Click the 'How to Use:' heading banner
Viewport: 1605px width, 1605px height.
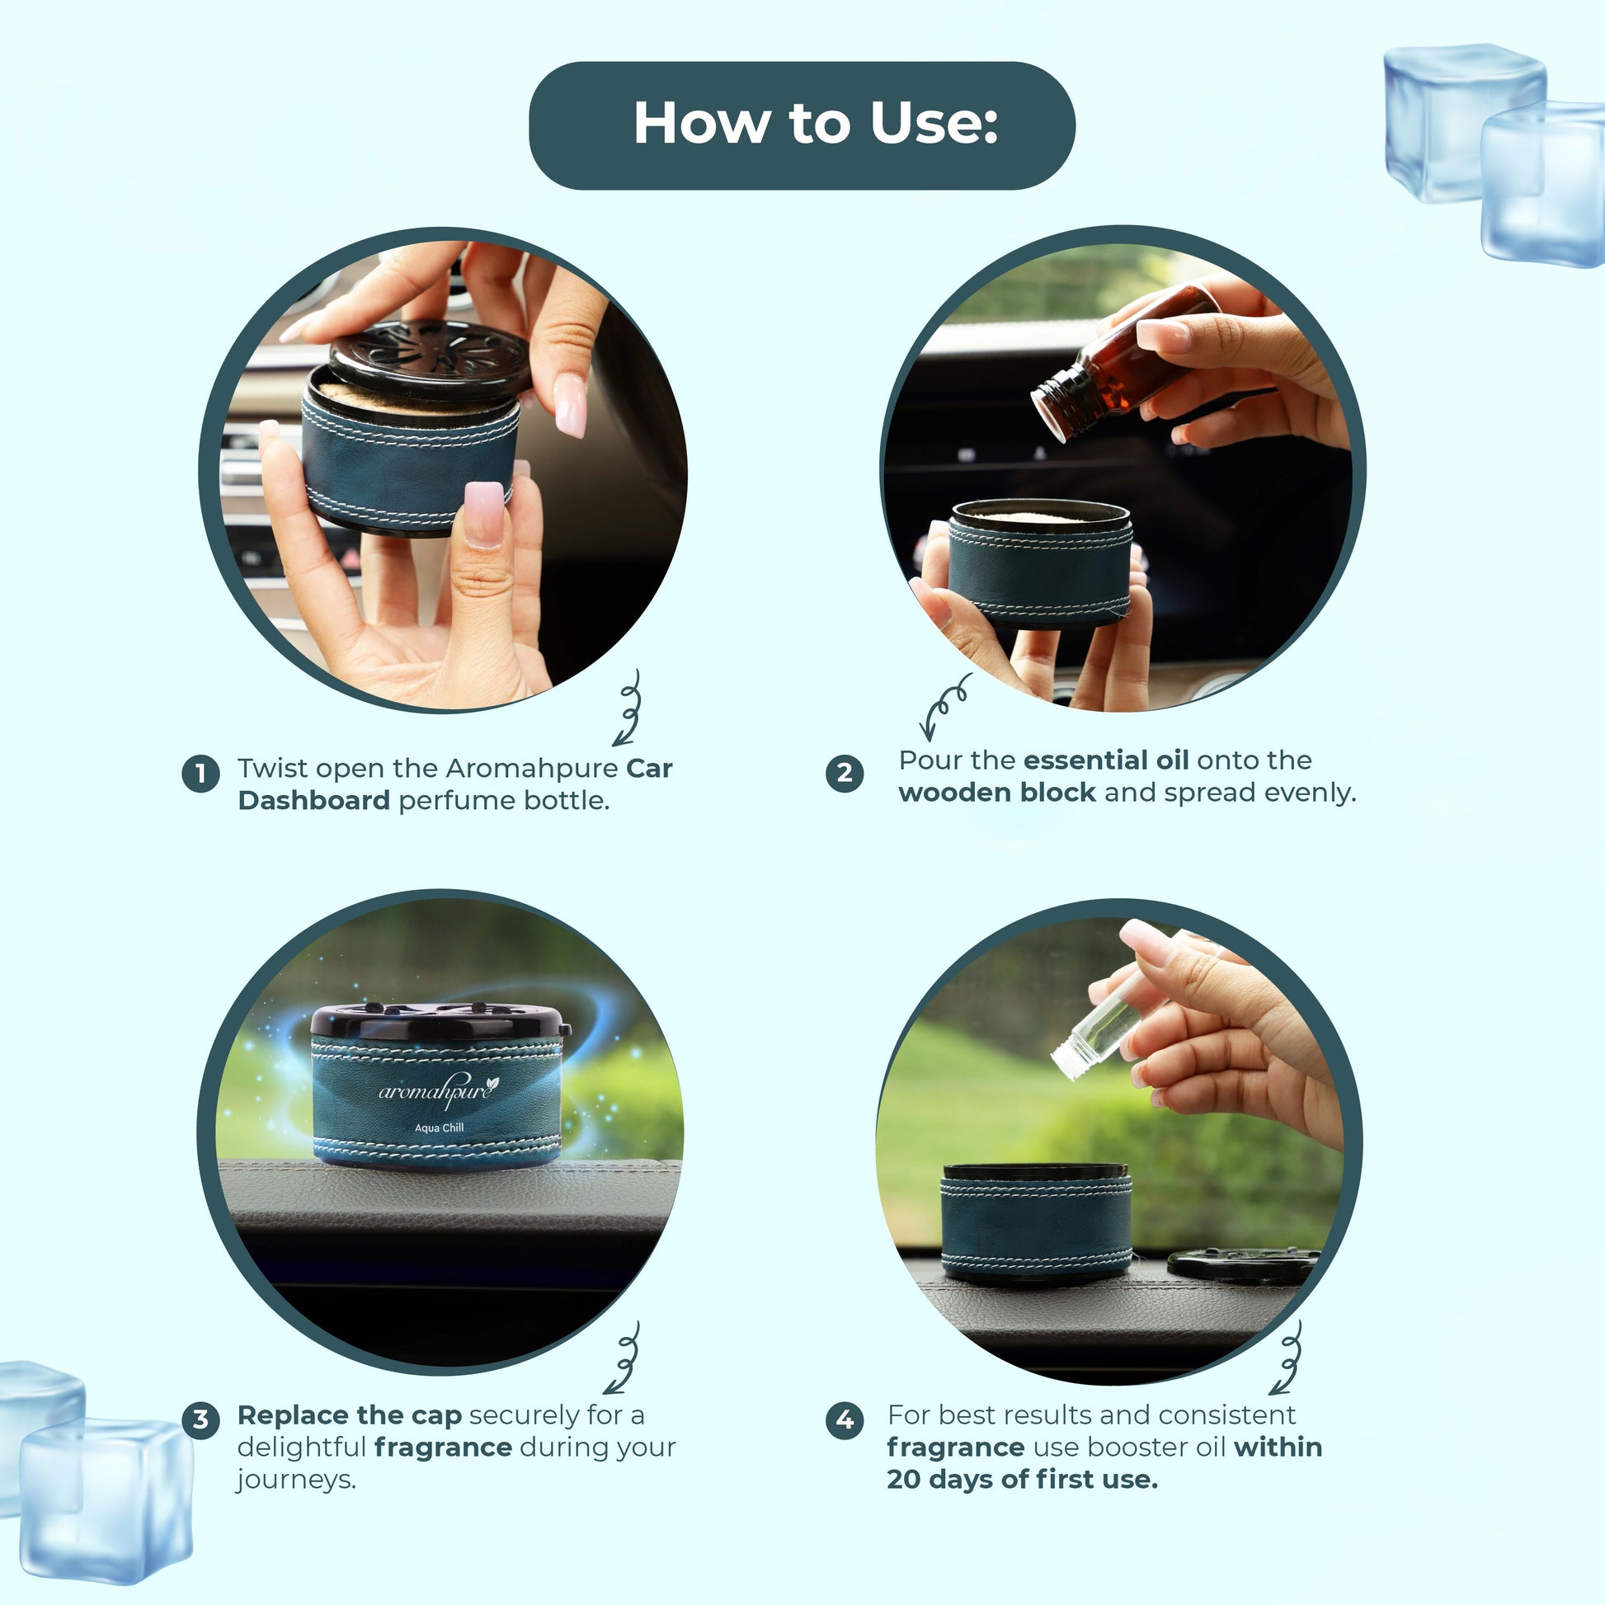pos(802,125)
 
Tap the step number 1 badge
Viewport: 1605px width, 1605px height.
pos(200,774)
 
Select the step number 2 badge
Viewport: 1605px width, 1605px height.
pos(844,774)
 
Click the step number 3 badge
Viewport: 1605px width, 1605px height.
pos(200,1419)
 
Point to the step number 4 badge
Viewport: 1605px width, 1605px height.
pos(844,1419)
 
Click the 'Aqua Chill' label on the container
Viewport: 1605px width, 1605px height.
pos(440,1128)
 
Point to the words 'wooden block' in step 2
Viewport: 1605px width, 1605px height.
pos(997,793)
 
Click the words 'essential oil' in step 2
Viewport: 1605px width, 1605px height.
pos(1106,760)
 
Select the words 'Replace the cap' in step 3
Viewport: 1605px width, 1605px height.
pos(349,1414)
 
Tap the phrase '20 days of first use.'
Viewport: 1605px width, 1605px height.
pos(1022,1480)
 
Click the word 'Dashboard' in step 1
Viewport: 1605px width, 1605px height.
pos(314,800)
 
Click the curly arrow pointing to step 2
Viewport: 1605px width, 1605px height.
pos(944,705)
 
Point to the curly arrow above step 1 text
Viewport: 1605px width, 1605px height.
pos(628,708)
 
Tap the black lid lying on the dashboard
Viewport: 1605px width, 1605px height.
pos(1243,1264)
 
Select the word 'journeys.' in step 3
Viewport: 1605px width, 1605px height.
pos(297,1480)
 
